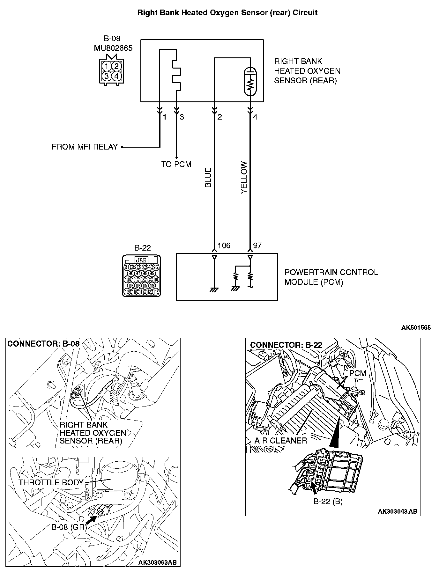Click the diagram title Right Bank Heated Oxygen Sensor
pyautogui.click(x=227, y=13)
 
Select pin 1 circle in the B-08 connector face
pyautogui.click(x=107, y=66)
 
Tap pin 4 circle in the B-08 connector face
pyautogui.click(x=116, y=76)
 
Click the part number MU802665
pyautogui.click(x=113, y=48)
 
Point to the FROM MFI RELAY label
pyautogui.click(x=85, y=147)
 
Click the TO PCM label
pyautogui.click(x=176, y=164)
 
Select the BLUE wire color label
pyautogui.click(x=208, y=177)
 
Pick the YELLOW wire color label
pyautogui.click(x=244, y=177)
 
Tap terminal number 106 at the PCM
pyautogui.click(x=224, y=246)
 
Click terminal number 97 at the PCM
pyautogui.click(x=257, y=246)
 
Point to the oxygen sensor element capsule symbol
pyautogui.click(x=250, y=81)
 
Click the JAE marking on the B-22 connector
pyautogui.click(x=141, y=260)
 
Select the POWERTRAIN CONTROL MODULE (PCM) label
pyautogui.click(x=331, y=277)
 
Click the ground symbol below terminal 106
pyautogui.click(x=214, y=290)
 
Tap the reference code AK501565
pyautogui.click(x=416, y=327)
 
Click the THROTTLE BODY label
pyautogui.click(x=51, y=482)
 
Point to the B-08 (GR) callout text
pyautogui.click(x=69, y=527)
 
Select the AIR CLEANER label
pyautogui.click(x=281, y=440)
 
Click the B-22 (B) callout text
pyautogui.click(x=328, y=502)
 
